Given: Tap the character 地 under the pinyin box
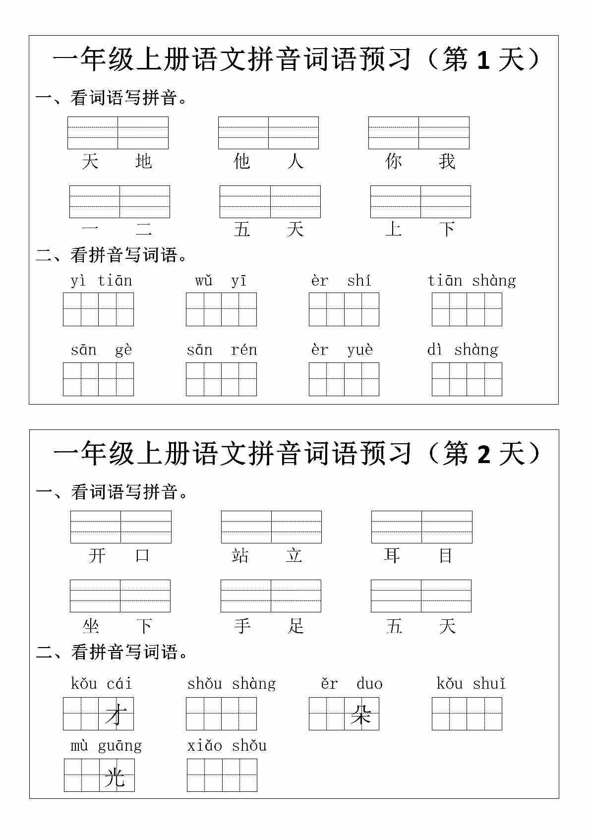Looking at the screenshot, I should (143, 161).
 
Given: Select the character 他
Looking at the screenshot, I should (241, 161).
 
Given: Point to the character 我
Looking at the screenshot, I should (447, 161).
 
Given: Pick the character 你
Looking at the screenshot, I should (393, 161).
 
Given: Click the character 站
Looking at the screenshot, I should (240, 555).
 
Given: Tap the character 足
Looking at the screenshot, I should (295, 626).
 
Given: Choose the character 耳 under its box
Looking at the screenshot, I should (392, 555).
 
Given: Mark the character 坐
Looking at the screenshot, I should (91, 626).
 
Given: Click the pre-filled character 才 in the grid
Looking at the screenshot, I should (116, 715).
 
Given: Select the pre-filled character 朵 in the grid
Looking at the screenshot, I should (361, 715).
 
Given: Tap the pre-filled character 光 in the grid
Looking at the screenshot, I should (115, 776).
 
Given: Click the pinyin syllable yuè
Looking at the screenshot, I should (360, 350).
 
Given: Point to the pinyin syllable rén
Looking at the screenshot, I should (244, 350).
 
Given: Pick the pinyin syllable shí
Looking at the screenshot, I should (359, 281).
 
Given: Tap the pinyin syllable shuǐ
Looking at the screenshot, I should (489, 684).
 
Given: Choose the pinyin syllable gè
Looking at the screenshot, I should (123, 351).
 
